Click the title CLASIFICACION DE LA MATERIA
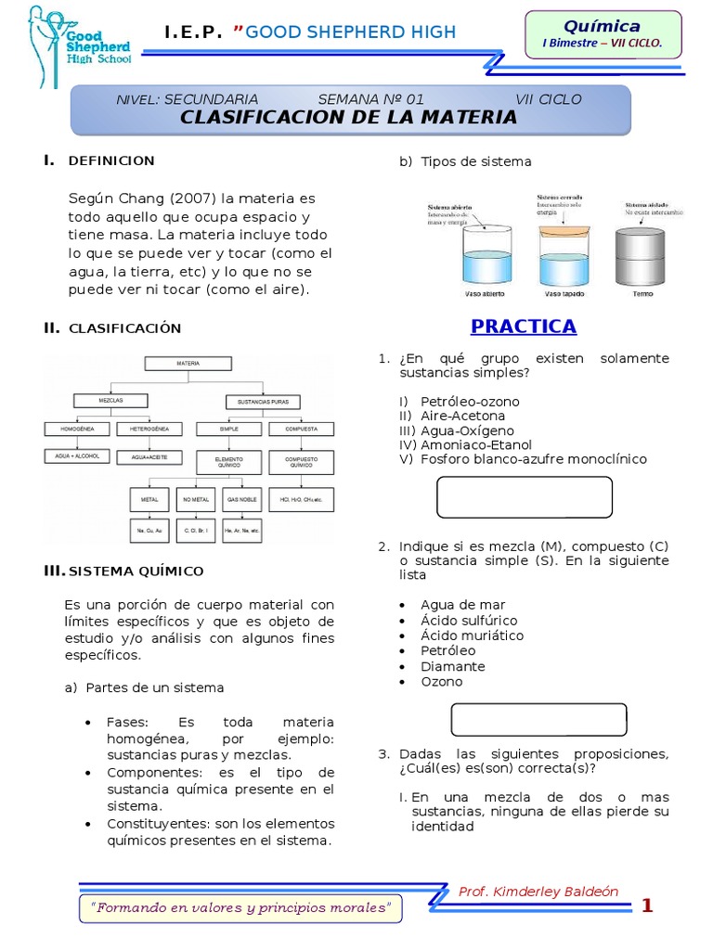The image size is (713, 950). (348, 117)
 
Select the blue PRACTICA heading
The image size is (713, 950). (523, 327)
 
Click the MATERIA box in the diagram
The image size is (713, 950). (188, 365)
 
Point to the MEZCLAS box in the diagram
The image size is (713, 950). (110, 400)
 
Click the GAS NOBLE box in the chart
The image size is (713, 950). (241, 499)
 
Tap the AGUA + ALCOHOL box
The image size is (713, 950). (78, 456)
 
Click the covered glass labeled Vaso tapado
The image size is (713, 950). (564, 255)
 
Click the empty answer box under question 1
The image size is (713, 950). (524, 497)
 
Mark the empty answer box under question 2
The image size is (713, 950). (538, 719)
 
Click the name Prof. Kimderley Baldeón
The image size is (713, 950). (538, 892)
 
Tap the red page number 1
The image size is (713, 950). (647, 906)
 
